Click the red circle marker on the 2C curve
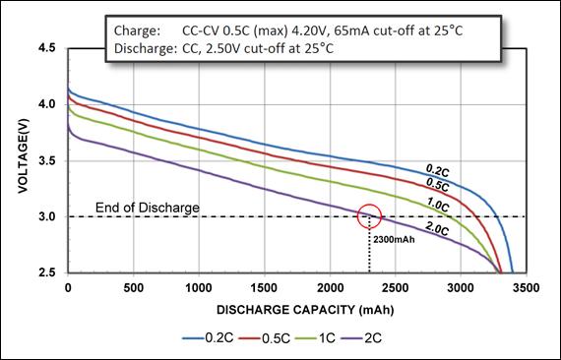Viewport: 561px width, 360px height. [369, 215]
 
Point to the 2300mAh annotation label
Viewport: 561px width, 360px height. [394, 237]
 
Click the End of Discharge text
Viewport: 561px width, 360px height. [148, 208]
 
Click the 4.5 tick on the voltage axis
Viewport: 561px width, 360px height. [46, 47]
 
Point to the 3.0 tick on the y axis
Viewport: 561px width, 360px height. [46, 216]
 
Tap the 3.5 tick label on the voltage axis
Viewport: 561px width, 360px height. [46, 160]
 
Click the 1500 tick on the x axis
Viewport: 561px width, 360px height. [264, 288]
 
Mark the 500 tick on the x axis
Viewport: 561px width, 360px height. [133, 288]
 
